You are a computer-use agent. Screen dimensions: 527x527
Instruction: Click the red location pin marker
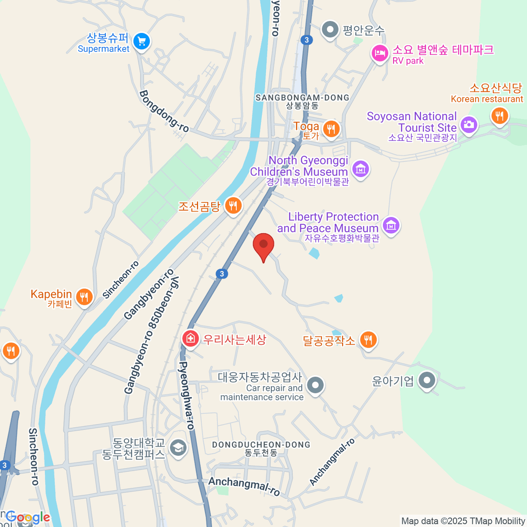[263, 245]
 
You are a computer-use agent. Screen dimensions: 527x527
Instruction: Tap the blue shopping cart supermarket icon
[141, 42]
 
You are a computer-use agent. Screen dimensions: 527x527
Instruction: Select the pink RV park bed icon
[380, 54]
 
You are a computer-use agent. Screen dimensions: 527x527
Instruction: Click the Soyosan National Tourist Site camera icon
[469, 125]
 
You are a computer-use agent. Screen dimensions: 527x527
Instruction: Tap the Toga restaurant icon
[330, 129]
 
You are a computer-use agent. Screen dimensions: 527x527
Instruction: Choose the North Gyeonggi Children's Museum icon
[361, 168]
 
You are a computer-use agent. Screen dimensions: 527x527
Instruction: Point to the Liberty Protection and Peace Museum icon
[391, 225]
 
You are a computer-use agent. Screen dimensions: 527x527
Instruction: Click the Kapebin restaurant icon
[83, 297]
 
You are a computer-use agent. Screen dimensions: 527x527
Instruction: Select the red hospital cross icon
[190, 339]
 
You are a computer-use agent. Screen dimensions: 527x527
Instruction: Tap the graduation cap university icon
[178, 448]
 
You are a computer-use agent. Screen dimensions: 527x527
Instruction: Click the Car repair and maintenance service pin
[315, 385]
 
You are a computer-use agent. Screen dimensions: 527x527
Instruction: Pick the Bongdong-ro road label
[164, 111]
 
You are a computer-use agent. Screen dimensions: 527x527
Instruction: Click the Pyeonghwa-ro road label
[186, 395]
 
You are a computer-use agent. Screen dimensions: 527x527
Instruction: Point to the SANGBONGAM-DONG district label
[303, 98]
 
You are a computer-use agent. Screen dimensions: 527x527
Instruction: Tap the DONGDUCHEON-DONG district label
[261, 445]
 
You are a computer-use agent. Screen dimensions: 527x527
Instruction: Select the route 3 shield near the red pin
[222, 274]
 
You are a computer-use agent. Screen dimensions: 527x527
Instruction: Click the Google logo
[28, 517]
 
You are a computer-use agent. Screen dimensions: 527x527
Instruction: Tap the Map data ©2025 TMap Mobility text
[463, 521]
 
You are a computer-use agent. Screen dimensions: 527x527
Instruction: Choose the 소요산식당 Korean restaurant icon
[499, 116]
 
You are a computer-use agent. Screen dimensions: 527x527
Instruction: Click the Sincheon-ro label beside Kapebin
[121, 280]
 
